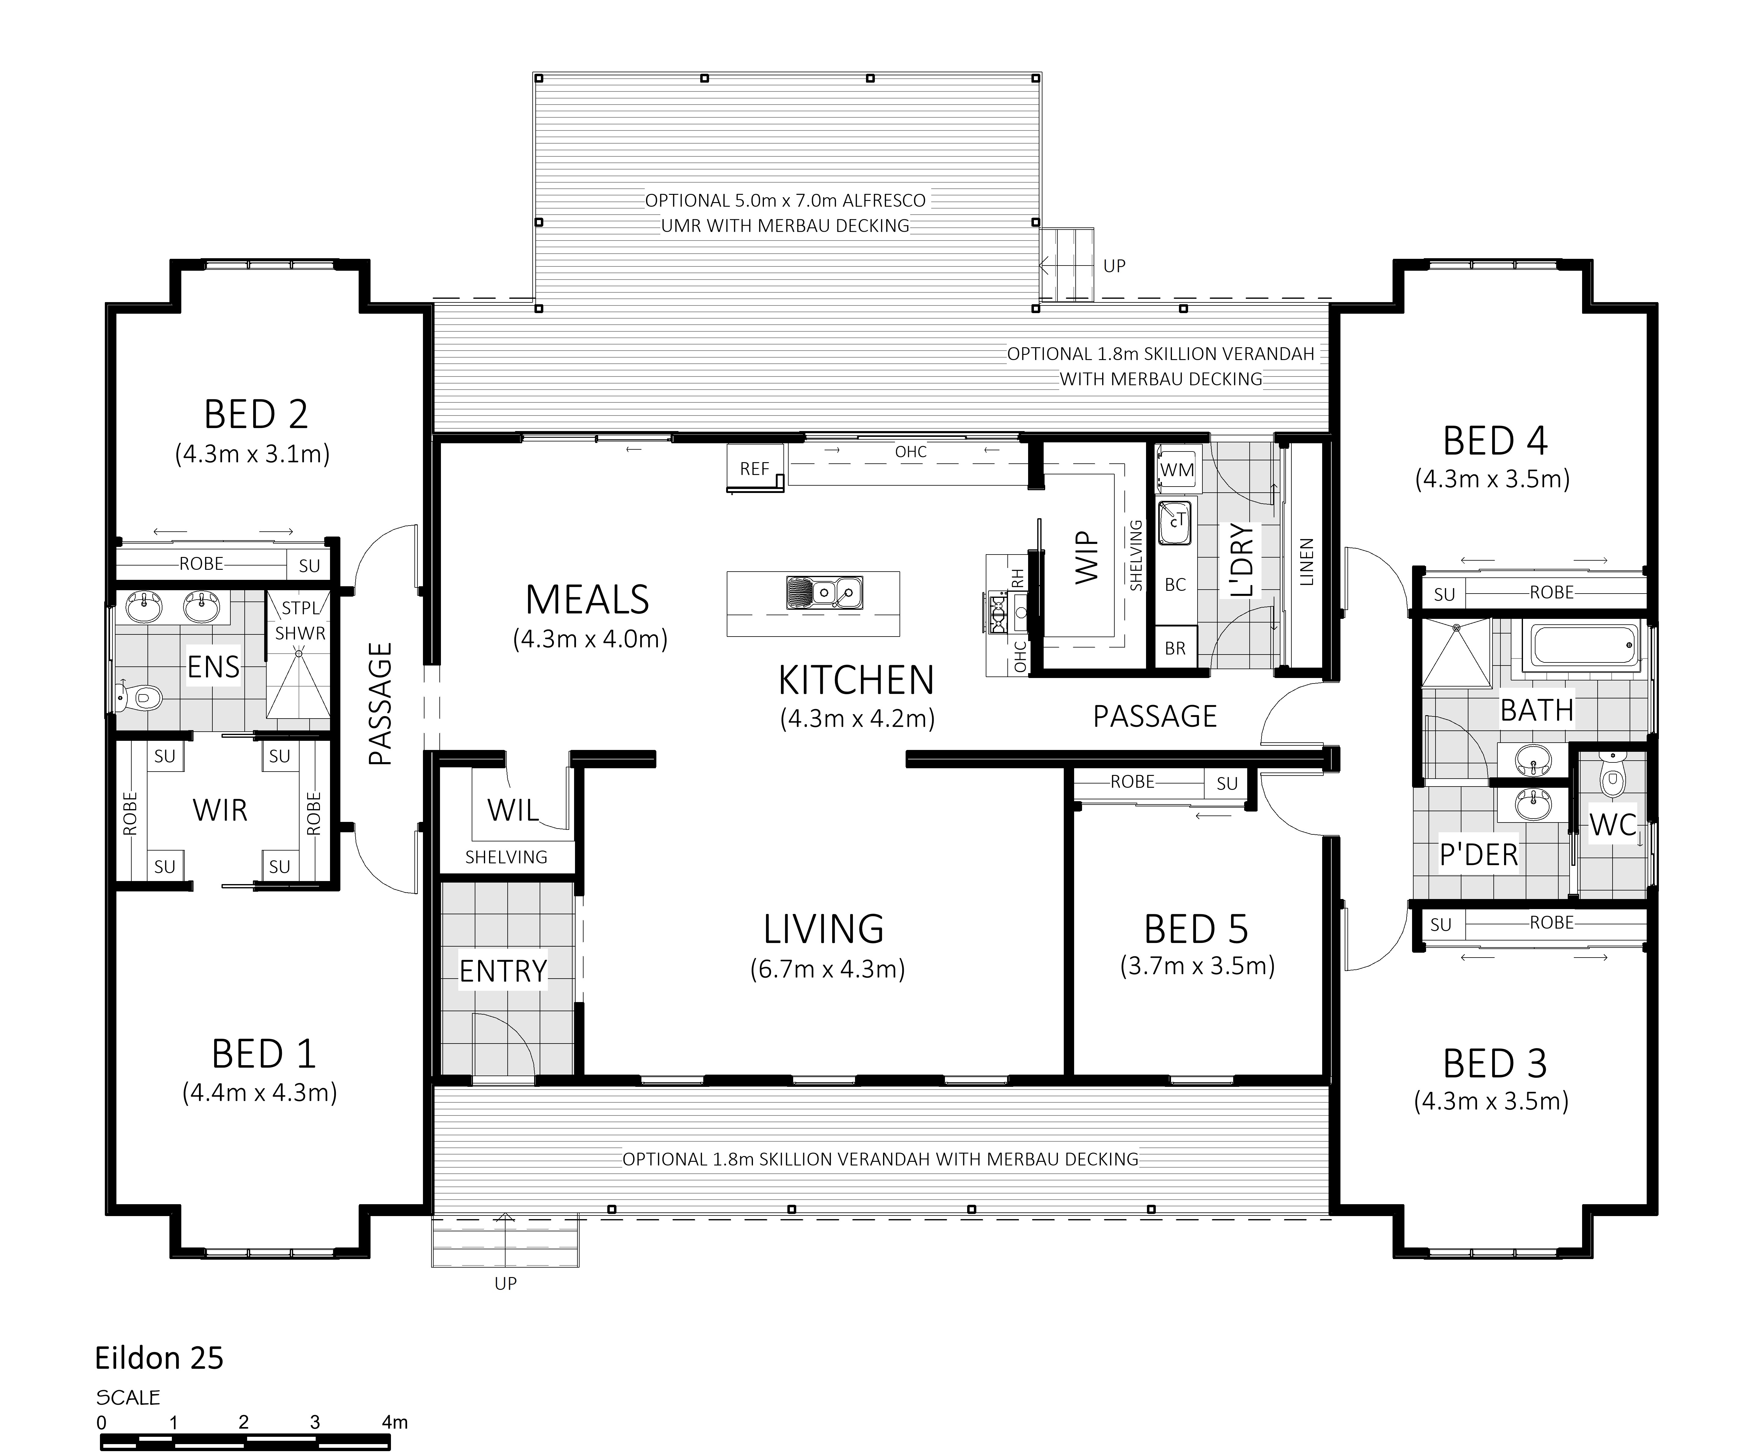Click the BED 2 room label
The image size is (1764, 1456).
(256, 414)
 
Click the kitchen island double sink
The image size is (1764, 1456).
(824, 592)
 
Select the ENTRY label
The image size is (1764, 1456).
(503, 970)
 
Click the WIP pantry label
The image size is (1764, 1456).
(1087, 557)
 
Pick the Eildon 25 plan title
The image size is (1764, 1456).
(159, 1358)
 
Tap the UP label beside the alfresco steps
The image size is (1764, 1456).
(1114, 266)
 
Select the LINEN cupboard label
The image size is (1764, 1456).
(1306, 562)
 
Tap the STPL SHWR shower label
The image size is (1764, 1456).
(300, 621)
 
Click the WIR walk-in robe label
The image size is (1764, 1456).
(220, 810)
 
